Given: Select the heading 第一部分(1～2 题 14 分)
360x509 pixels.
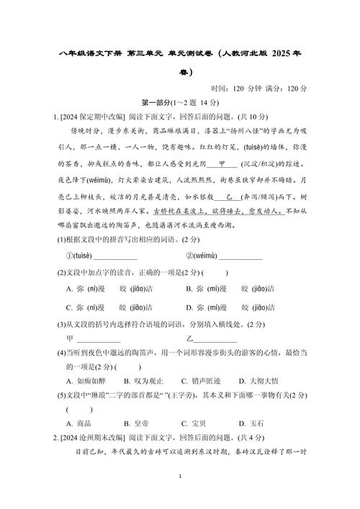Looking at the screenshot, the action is [179, 103].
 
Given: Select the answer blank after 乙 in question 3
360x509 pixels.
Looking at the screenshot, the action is [216, 338].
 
